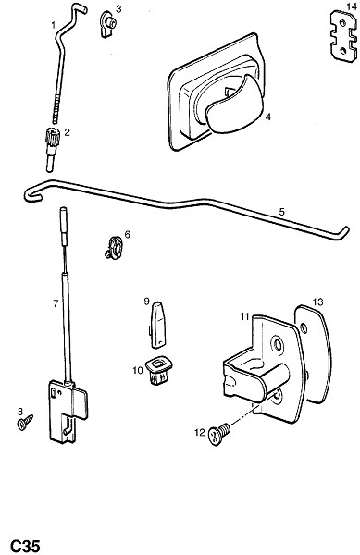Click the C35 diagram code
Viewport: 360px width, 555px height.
pyautogui.click(x=24, y=546)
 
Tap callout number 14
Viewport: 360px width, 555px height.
pyautogui.click(x=352, y=6)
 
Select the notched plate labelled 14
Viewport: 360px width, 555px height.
pyautogui.click(x=343, y=36)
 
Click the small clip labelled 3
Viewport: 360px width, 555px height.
pyautogui.click(x=108, y=23)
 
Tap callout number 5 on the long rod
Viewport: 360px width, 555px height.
pyautogui.click(x=281, y=212)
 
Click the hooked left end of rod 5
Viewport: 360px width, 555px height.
pyautogui.click(x=31, y=194)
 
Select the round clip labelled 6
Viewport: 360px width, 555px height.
pyautogui.click(x=115, y=247)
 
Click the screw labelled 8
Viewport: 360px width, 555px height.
pyautogui.click(x=25, y=422)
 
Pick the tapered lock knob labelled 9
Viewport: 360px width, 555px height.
pyautogui.click(x=158, y=324)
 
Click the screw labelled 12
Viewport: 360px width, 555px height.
pyautogui.click(x=219, y=434)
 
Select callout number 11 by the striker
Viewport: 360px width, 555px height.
pyautogui.click(x=245, y=316)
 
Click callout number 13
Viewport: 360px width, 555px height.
pyautogui.click(x=317, y=302)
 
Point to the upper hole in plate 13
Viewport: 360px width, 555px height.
pyautogui.click(x=304, y=328)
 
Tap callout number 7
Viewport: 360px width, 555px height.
pyautogui.click(x=56, y=303)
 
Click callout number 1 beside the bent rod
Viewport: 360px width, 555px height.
pyautogui.click(x=54, y=25)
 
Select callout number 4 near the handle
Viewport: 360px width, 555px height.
pyautogui.click(x=268, y=117)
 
